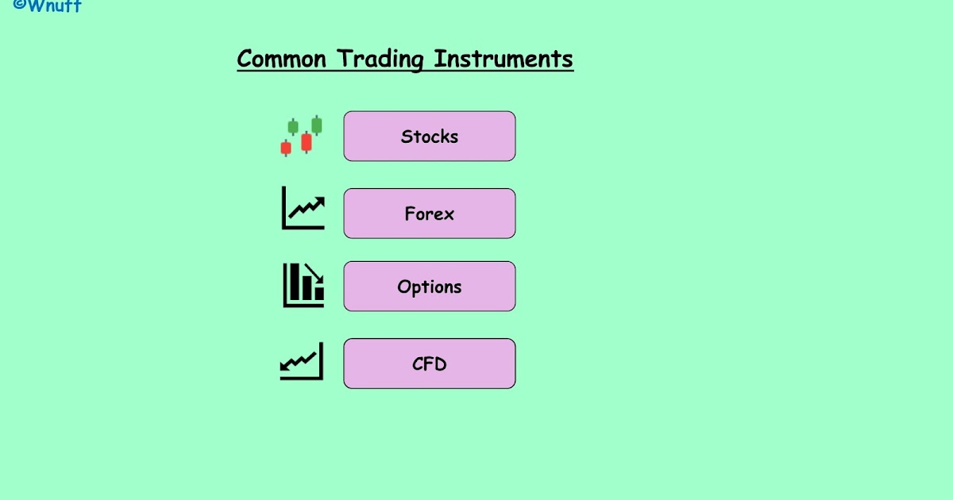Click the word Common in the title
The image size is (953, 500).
[282, 60]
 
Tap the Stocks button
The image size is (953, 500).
[430, 137]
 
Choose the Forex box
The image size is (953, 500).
[430, 213]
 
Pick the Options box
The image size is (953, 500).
[430, 287]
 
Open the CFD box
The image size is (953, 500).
[430, 364]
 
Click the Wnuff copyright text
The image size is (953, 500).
[48, 6]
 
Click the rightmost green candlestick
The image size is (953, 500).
[317, 125]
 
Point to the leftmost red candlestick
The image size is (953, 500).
[286, 148]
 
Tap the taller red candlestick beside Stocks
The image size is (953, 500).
[307, 142]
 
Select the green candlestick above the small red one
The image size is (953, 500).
[293, 127]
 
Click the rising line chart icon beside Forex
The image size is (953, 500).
[303, 209]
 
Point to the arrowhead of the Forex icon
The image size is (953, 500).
[320, 202]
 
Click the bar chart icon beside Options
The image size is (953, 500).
[303, 285]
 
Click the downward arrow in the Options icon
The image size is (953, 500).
[315, 274]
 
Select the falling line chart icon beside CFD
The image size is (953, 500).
[302, 362]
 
